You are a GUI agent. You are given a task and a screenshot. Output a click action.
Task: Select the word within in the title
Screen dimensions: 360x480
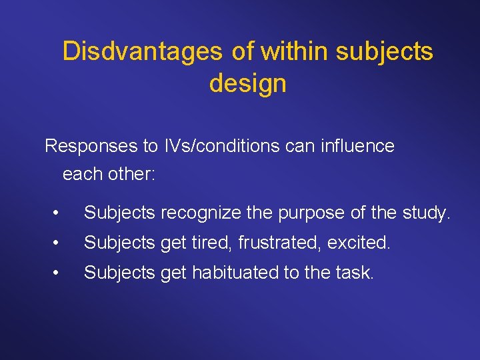(x=288, y=51)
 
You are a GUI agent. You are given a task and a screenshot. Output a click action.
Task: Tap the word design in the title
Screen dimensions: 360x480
(x=247, y=83)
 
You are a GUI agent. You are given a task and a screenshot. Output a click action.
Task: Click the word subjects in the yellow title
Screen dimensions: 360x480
(x=385, y=51)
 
